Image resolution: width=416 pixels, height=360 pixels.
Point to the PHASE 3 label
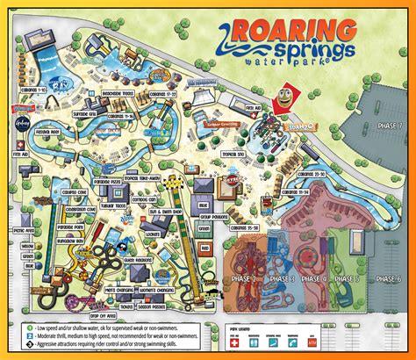tap(281, 278)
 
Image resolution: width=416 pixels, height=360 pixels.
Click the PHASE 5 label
tap(348, 278)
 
